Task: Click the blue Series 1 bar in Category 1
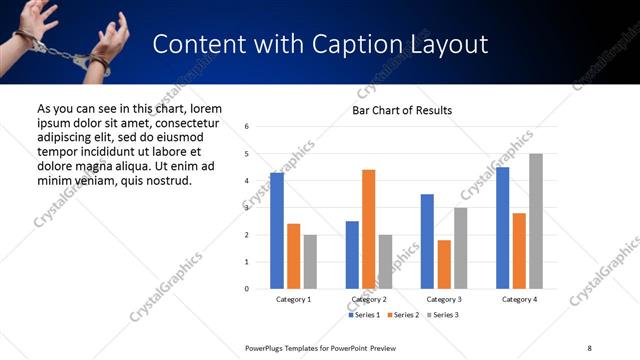[x=277, y=231]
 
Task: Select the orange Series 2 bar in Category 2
[x=368, y=229]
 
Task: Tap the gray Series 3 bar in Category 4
[x=536, y=221]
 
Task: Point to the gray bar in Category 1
[x=310, y=262]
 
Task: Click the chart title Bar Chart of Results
[x=402, y=110]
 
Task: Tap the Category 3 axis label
[x=443, y=299]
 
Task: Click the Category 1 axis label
[x=293, y=299]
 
